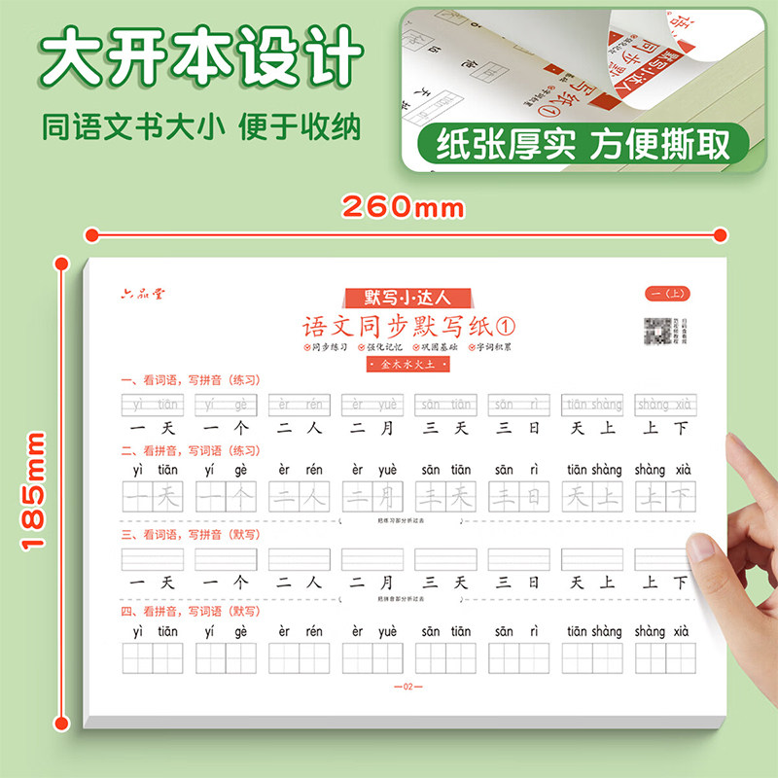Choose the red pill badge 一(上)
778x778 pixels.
(x=667, y=294)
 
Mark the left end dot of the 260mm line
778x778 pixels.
(x=89, y=234)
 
